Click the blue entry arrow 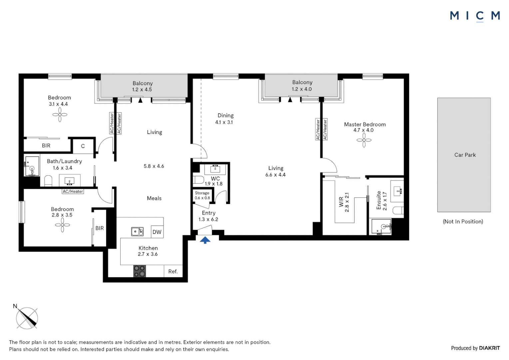click(205, 240)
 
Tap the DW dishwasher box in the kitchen click(157, 232)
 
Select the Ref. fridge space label click(173, 271)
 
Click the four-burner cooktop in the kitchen click(140, 271)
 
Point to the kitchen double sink click(137, 232)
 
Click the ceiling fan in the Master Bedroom click(364, 140)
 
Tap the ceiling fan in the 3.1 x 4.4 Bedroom click(60, 115)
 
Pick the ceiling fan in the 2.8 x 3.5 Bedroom click(62, 225)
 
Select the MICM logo click(475, 16)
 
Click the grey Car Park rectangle click(464, 155)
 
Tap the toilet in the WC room click(198, 180)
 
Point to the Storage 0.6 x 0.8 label click(202, 195)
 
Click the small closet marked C click(83, 146)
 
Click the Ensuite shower click(381, 227)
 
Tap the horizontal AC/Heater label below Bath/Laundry click(73, 191)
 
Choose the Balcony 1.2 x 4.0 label click(302, 86)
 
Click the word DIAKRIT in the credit click(489, 348)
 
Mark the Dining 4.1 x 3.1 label click(225, 119)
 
